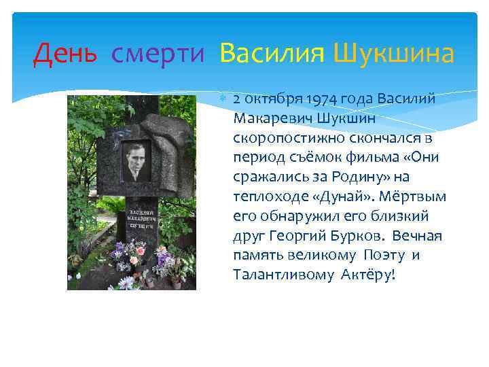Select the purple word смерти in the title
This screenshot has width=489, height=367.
click(158, 52)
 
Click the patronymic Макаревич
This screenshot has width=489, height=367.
click(269, 119)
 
